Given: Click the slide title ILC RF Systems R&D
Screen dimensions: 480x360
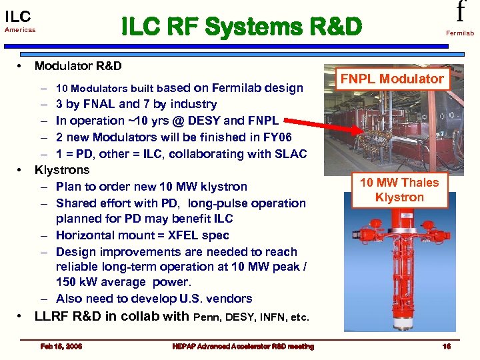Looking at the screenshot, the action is click(241, 27).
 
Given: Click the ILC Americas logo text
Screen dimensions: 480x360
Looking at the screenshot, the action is click(19, 20).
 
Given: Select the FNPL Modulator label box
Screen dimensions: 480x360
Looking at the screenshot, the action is click(392, 79).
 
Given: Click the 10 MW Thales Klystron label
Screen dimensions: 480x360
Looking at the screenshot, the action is click(399, 190).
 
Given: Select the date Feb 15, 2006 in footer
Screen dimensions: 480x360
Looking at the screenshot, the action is click(61, 346).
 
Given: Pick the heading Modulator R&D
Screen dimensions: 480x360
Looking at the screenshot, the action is click(78, 66).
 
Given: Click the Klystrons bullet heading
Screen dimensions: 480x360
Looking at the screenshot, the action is click(62, 170).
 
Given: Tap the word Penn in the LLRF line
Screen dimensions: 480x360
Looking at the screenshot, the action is click(206, 317).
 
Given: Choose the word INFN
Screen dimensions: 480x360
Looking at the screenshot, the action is click(271, 317).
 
